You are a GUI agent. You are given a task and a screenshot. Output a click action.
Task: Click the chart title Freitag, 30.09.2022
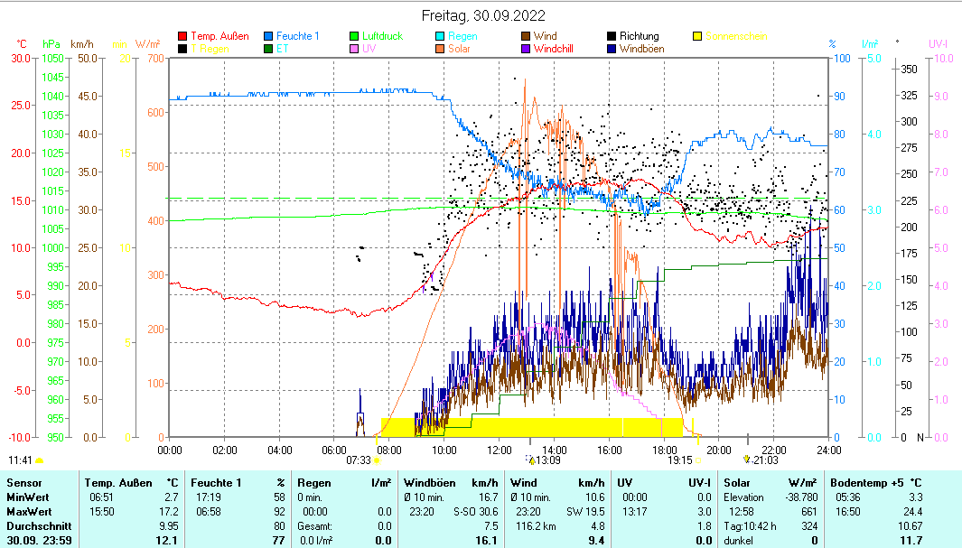coord(483,16)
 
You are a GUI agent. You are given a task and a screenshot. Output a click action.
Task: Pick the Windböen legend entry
coord(641,49)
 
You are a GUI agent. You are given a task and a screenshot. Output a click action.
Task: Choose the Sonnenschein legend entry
coord(736,36)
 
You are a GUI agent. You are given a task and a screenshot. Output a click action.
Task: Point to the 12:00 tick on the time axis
coord(500,449)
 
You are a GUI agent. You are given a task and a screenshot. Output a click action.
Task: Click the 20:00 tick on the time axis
coord(718,449)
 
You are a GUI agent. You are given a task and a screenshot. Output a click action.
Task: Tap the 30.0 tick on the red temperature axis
coord(20,58)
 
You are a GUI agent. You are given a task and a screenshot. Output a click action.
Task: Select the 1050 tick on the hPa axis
coord(51,58)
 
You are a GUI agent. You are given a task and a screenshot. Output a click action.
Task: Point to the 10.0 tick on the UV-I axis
coord(940,58)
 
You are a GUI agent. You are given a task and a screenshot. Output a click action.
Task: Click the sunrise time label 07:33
coord(359,460)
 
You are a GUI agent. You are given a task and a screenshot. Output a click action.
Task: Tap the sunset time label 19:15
coord(679,460)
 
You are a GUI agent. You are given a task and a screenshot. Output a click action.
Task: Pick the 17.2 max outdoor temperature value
coord(168,511)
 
